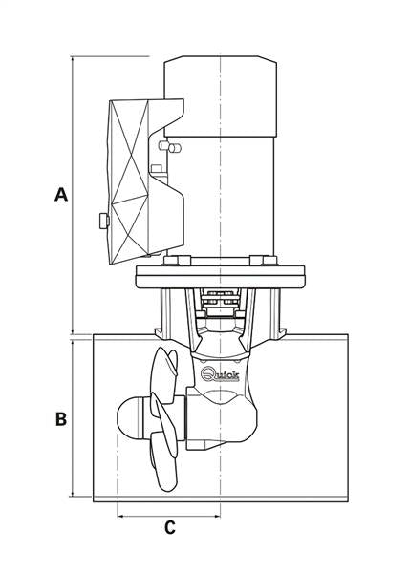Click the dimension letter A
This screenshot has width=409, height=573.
click(61, 195)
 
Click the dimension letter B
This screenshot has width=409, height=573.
click(61, 419)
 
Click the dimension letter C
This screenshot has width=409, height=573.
click(169, 527)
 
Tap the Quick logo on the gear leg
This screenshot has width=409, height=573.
click(220, 373)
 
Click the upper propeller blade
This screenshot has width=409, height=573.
click(164, 372)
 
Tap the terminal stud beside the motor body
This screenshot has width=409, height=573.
click(170, 146)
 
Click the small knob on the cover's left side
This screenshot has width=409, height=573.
click(104, 221)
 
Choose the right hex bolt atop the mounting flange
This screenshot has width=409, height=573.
click(263, 261)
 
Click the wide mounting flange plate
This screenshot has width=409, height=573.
click(220, 277)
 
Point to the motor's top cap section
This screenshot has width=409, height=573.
click(220, 96)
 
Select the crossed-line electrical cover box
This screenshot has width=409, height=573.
click(129, 181)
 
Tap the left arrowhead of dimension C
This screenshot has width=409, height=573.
click(119, 516)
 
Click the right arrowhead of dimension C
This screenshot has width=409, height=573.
click(218, 516)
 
